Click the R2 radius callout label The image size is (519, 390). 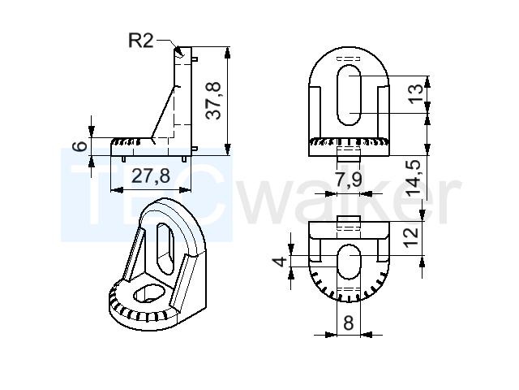[x=140, y=41]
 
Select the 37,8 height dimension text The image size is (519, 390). [x=212, y=101]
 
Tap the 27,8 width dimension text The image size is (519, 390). [x=151, y=175]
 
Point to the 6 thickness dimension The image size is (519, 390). [x=79, y=146]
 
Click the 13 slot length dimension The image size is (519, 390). [x=416, y=93]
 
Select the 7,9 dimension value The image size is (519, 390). [x=349, y=180]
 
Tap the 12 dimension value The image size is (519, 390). [x=411, y=237]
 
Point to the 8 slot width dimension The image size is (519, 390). [x=349, y=323]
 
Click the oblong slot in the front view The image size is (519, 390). [x=349, y=95]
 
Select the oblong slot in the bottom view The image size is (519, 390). [x=349, y=262]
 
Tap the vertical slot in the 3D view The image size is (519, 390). [x=165, y=249]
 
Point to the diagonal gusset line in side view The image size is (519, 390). [x=163, y=112]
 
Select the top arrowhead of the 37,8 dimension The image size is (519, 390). [x=227, y=53]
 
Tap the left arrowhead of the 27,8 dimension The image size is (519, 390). [x=117, y=190]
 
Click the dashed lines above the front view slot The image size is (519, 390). [x=349, y=58]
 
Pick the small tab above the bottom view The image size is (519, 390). [x=349, y=219]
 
